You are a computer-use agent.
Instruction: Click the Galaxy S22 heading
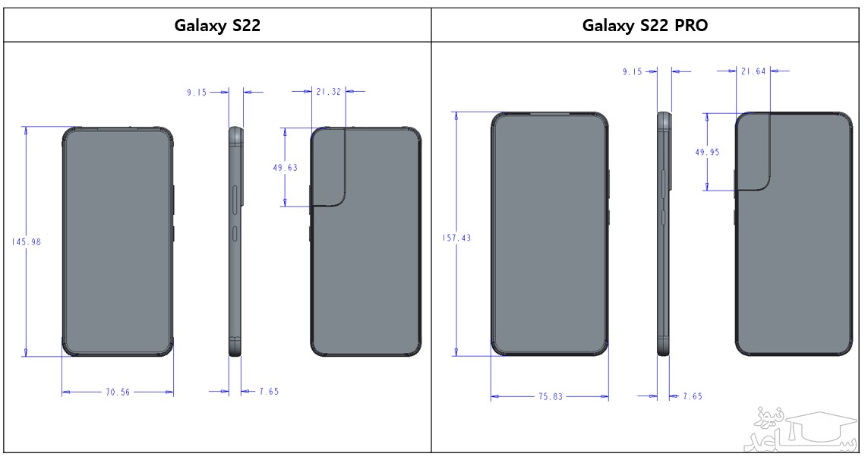[217, 26]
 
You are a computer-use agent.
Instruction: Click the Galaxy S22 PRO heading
[645, 26]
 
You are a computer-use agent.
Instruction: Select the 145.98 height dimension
[26, 241]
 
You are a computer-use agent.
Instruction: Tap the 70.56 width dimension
[118, 392]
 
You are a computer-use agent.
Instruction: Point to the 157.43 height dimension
[456, 238]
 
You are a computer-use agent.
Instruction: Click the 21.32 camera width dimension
[328, 91]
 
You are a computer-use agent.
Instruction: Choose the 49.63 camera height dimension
[285, 168]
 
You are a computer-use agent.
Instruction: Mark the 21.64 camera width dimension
[753, 71]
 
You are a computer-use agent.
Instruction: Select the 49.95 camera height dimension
[707, 152]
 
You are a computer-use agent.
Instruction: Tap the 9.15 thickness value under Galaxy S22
[197, 92]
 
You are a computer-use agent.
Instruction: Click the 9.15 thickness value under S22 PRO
[633, 71]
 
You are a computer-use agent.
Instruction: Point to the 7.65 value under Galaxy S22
[269, 392]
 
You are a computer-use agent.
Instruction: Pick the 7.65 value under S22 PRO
[692, 396]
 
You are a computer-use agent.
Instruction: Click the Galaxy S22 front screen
[117, 241]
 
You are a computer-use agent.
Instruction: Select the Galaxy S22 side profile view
[235, 241]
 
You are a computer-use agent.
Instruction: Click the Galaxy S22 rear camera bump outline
[330, 167]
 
